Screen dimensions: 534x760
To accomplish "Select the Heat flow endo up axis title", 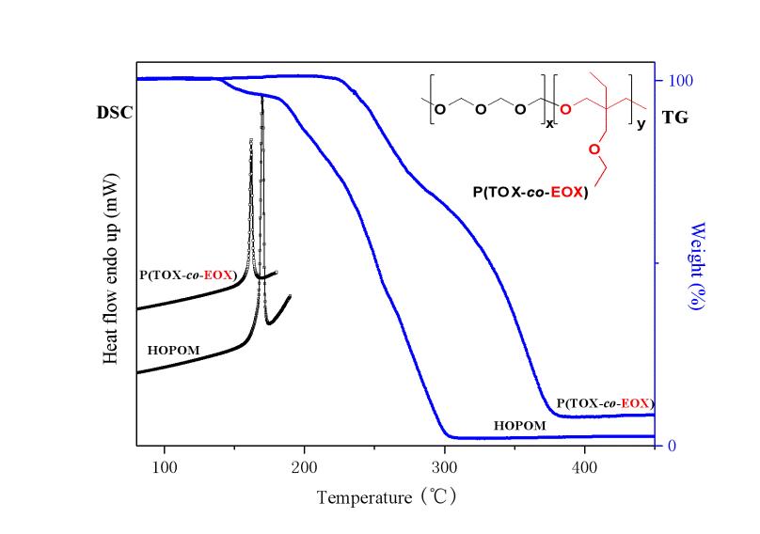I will tap(111, 269).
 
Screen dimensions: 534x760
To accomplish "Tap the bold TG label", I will tap(675, 120).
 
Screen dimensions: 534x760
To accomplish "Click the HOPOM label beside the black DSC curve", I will tap(174, 350).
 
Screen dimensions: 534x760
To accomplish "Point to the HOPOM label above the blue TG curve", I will tap(519, 426).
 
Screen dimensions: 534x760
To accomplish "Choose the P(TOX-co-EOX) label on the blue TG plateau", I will tap(605, 403).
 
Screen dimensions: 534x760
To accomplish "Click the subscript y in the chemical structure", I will tap(641, 124).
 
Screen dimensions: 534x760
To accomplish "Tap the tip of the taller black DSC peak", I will tap(261, 96).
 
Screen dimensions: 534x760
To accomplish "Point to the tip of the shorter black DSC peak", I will tap(250, 139).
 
